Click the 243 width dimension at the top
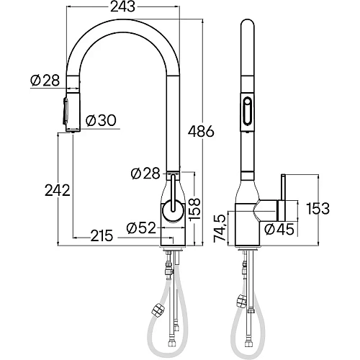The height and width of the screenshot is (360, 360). [122, 6]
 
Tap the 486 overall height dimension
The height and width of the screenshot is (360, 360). [201, 131]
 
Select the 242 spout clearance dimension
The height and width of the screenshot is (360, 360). [58, 191]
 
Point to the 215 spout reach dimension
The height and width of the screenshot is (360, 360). [102, 235]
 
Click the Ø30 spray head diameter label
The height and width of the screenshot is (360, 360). [101, 120]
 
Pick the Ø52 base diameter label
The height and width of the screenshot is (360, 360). [141, 228]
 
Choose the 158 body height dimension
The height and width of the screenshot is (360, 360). [194, 209]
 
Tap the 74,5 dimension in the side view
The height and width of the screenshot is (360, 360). [220, 228]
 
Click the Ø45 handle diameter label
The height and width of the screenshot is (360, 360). [279, 229]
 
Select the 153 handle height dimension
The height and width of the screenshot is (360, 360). [318, 208]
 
